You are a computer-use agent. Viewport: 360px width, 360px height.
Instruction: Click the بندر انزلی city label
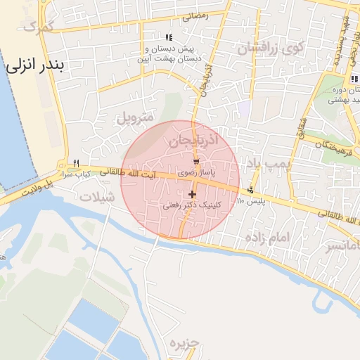[x=35, y=66]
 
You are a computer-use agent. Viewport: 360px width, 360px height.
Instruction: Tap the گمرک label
[x=39, y=27]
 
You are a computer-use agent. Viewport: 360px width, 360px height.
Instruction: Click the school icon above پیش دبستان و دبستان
[x=168, y=37]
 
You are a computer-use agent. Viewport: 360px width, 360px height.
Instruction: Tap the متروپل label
[x=134, y=117]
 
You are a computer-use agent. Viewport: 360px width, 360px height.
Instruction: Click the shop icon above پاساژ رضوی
[x=195, y=162]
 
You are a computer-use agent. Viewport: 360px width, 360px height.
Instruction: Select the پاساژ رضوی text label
[x=193, y=172]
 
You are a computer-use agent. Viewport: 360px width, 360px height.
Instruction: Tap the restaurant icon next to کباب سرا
[x=76, y=162]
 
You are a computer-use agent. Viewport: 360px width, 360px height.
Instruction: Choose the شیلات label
[x=97, y=197]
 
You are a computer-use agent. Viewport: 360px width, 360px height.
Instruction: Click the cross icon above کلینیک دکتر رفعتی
[x=192, y=194]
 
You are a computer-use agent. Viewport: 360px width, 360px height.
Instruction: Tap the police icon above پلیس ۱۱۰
[x=250, y=191]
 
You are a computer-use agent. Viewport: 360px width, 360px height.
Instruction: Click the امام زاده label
[x=267, y=238]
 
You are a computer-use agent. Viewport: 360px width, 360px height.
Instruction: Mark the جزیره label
[x=185, y=343]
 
